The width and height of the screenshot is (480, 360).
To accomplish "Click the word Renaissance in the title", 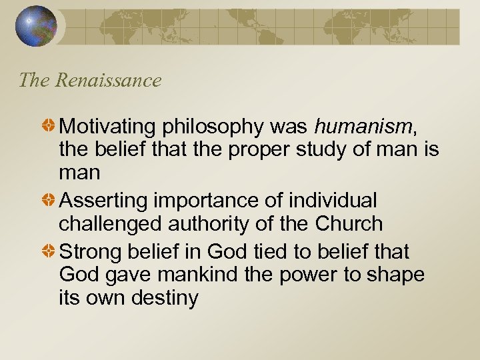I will pyautogui.click(x=108, y=81).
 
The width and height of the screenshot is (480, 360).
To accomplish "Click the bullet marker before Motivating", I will pyautogui.click(x=50, y=125).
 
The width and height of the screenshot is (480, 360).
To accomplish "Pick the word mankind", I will pyautogui.click(x=201, y=274).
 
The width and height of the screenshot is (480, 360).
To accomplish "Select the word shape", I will pyautogui.click(x=396, y=275).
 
